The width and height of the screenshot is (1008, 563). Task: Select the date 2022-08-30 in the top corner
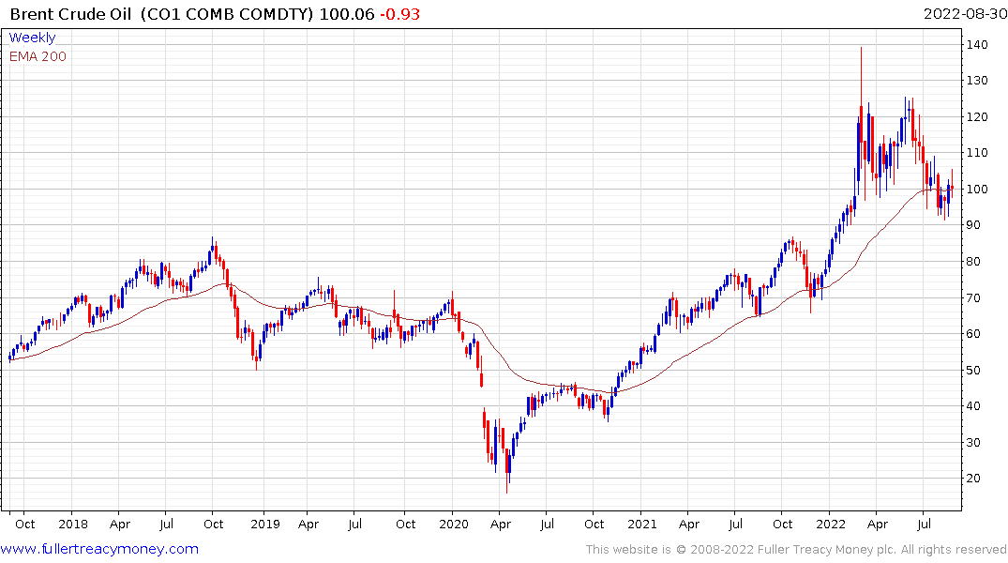coord(962,14)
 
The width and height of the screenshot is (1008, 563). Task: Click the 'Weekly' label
coord(32,38)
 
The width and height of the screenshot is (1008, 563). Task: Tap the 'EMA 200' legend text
coord(38,56)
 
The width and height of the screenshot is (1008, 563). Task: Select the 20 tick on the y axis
coord(977,479)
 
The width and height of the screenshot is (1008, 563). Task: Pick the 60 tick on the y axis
coord(977,334)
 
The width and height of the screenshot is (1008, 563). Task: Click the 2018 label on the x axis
coord(72,524)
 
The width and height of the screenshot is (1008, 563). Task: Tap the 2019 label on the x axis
coord(264,524)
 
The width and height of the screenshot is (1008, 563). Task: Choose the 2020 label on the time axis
coord(453,524)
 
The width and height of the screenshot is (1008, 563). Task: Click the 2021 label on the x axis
coord(642,524)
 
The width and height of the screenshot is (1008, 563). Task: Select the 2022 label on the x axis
coord(831,524)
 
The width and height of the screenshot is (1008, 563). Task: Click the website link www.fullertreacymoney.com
coord(100,549)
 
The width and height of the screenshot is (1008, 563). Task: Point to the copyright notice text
coord(796,550)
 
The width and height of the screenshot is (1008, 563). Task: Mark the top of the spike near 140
coord(861,47)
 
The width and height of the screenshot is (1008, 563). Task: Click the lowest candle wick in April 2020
coord(507,493)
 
